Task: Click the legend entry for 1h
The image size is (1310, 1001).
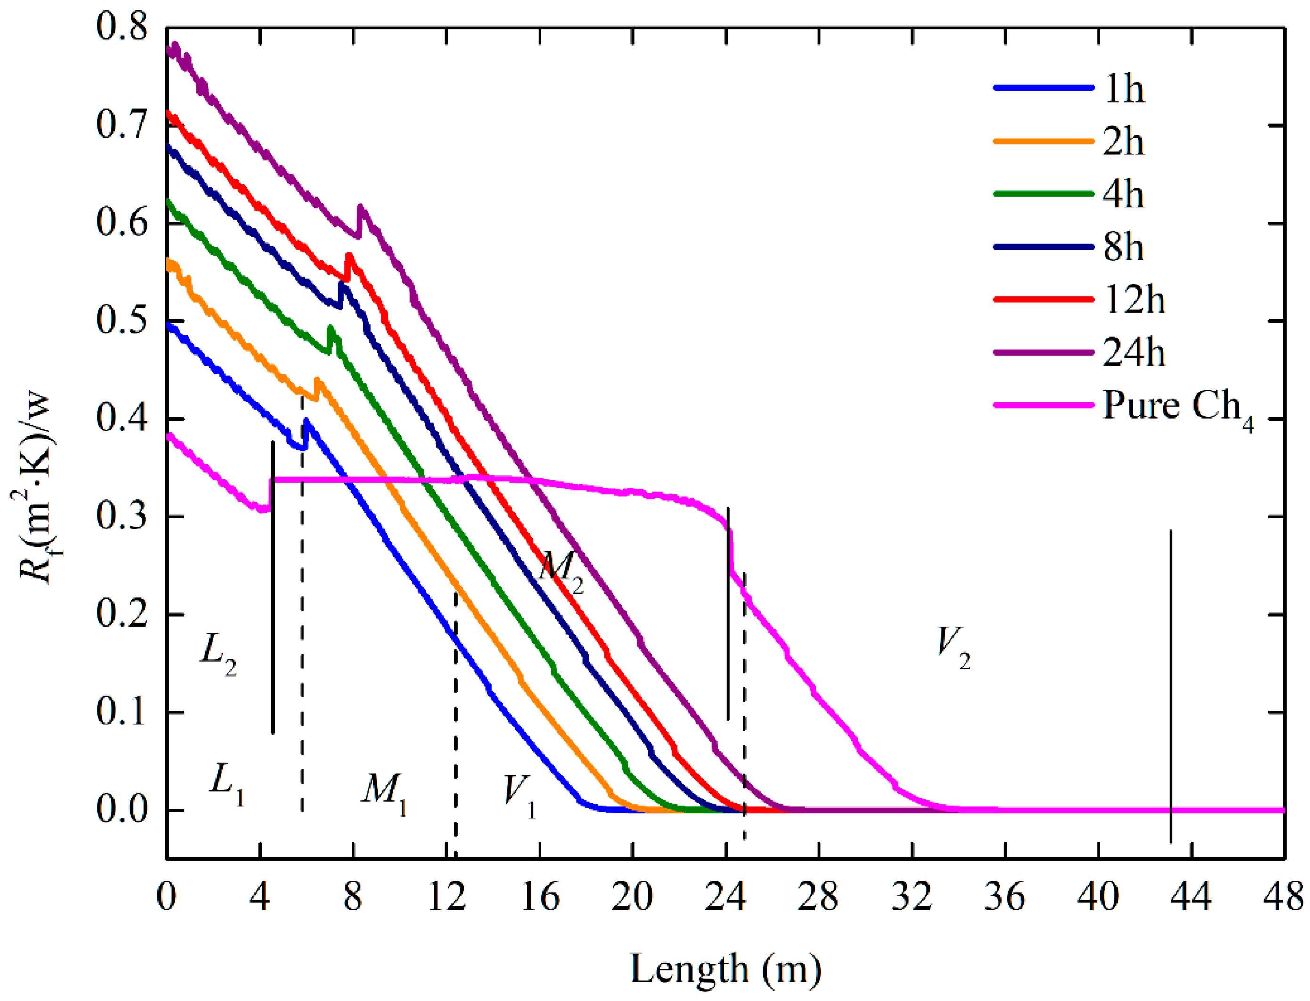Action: [1123, 90]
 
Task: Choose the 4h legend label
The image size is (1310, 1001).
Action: [1123, 195]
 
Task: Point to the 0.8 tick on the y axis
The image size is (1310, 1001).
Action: [122, 27]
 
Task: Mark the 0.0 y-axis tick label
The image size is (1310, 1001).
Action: [122, 810]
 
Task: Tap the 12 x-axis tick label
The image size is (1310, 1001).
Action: [446, 897]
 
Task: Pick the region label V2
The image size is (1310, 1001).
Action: [952, 646]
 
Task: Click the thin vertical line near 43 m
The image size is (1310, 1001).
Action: [1171, 685]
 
